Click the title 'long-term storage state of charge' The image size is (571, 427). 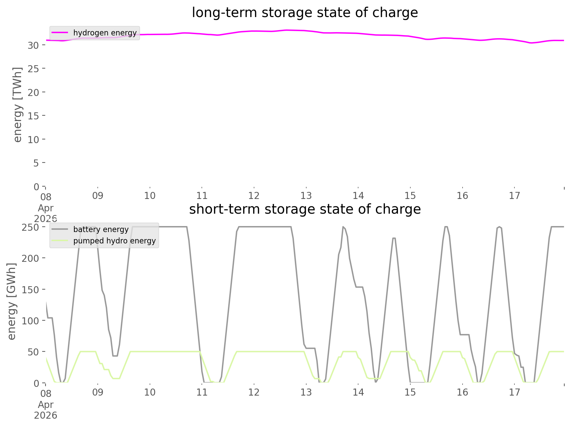click(305, 13)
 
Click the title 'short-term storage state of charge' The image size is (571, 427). click(305, 209)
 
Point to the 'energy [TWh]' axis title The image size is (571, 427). click(18, 105)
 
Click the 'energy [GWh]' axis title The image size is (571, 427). click(12, 301)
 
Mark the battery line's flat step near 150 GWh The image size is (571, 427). click(359, 287)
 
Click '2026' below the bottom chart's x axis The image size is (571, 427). click(46, 415)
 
